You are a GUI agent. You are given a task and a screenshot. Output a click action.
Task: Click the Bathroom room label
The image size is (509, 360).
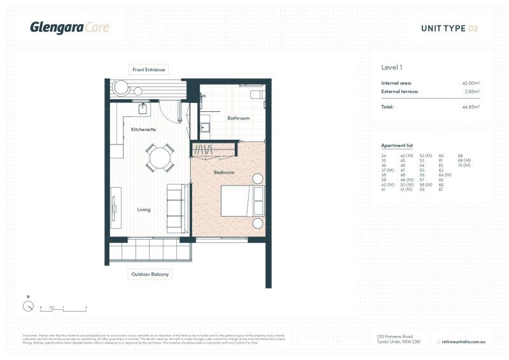(239, 118)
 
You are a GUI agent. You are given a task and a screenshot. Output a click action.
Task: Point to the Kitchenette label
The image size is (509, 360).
(143, 129)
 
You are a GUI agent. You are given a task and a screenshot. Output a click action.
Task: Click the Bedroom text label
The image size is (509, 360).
(224, 172)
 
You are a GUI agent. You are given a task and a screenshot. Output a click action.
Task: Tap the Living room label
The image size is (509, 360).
(143, 209)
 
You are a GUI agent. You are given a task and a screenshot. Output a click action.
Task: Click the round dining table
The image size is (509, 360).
(160, 158)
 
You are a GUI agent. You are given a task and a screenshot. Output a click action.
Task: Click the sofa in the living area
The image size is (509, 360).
(176, 208)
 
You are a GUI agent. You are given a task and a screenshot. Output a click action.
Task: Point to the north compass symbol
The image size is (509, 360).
(28, 306)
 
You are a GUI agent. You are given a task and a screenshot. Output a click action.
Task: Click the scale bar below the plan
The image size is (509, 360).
(63, 310)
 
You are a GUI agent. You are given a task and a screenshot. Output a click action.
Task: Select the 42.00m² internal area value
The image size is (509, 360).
(470, 83)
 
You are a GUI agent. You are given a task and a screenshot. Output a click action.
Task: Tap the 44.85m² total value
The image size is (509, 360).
(470, 107)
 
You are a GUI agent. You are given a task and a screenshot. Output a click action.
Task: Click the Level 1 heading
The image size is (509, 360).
(391, 67)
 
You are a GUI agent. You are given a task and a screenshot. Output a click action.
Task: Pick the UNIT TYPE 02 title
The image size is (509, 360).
(449, 28)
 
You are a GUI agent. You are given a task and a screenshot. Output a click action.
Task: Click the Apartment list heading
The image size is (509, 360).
(396, 146)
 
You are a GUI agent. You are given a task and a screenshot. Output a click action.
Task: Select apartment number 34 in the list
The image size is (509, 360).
(384, 156)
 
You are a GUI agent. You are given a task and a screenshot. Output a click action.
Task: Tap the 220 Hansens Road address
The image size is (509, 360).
(395, 336)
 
